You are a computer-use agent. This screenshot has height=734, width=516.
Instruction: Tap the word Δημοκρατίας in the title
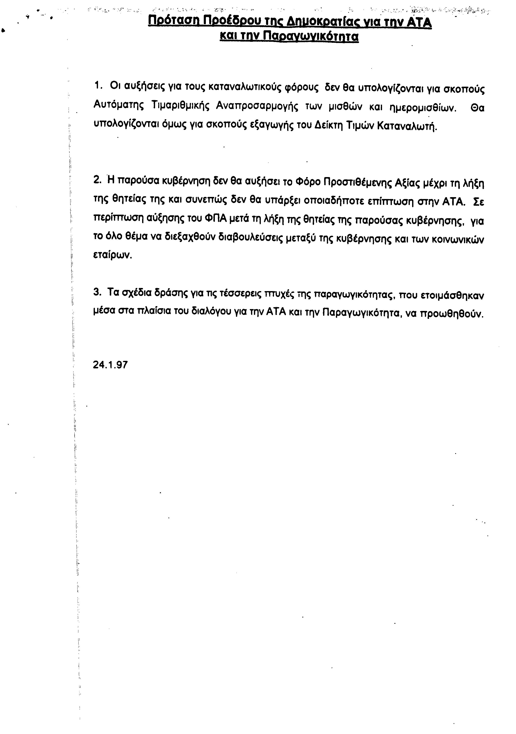click(x=325, y=22)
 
